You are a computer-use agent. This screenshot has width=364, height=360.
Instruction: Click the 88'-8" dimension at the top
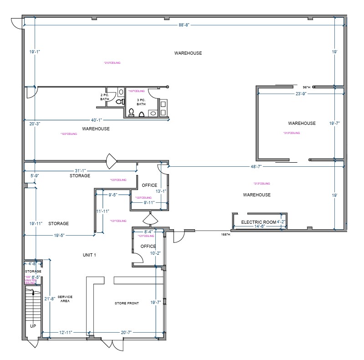tap(184, 25)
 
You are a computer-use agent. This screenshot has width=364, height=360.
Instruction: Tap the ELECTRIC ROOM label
tap(259, 222)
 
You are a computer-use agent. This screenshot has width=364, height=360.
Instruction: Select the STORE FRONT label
tap(127, 303)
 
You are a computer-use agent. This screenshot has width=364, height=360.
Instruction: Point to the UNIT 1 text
tap(89, 255)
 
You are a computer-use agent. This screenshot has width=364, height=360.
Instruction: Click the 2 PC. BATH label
tap(105, 97)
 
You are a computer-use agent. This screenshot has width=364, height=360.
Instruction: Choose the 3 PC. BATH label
tap(141, 102)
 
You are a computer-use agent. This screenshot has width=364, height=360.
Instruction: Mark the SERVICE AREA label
tap(65, 299)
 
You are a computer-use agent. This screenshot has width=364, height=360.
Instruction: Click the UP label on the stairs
tap(33, 326)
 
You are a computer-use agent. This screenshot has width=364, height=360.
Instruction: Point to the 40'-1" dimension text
tap(96, 120)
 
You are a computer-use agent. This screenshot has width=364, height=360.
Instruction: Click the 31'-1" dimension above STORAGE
tap(80, 170)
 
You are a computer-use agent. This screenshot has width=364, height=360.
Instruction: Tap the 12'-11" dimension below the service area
tap(67, 333)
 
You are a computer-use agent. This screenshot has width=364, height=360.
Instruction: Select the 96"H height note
tap(306, 87)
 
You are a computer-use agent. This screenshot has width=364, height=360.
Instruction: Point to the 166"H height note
tap(226, 234)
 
